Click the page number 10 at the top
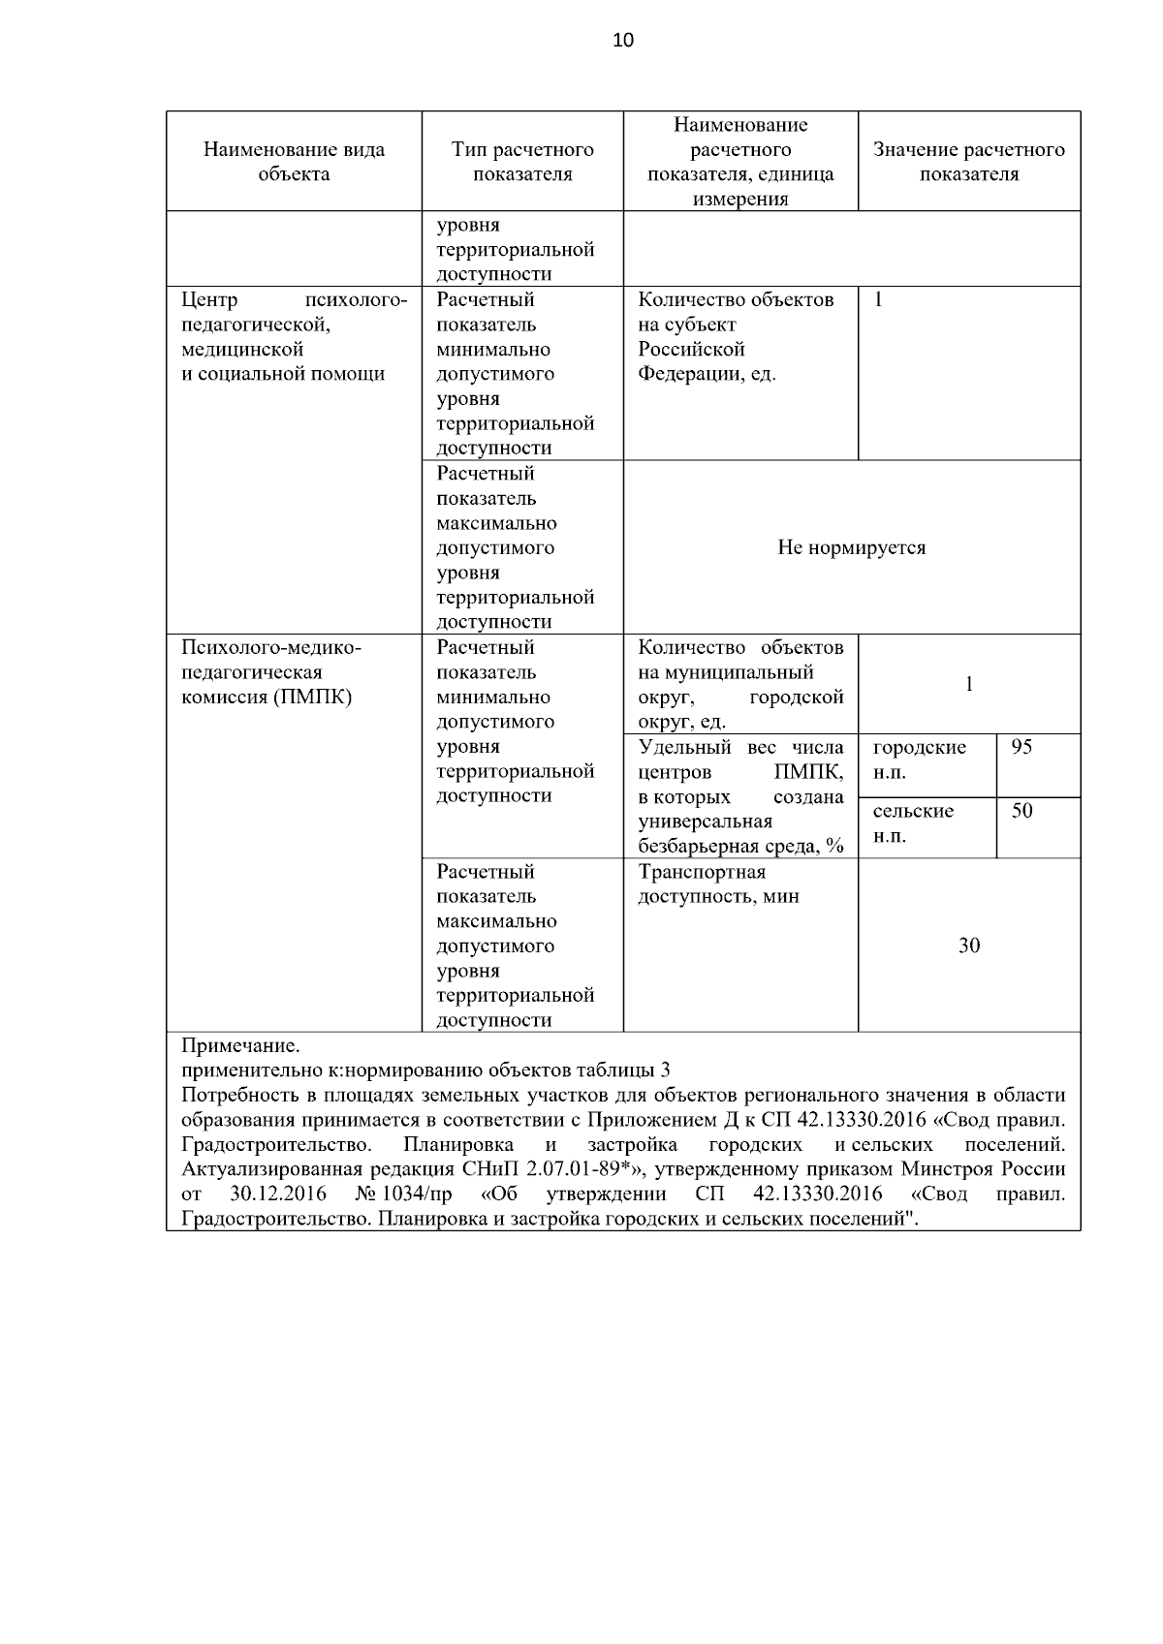click(623, 40)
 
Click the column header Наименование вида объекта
click(294, 162)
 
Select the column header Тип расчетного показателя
click(522, 162)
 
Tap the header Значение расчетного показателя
click(968, 162)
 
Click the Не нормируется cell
click(851, 548)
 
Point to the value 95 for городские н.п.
click(1022, 748)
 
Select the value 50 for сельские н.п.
click(1022, 811)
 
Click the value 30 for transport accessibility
click(968, 946)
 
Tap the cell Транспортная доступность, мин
click(718, 884)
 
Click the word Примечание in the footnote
click(240, 1046)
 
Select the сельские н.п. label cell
click(913, 823)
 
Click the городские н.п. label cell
click(919, 760)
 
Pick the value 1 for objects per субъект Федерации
click(878, 300)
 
